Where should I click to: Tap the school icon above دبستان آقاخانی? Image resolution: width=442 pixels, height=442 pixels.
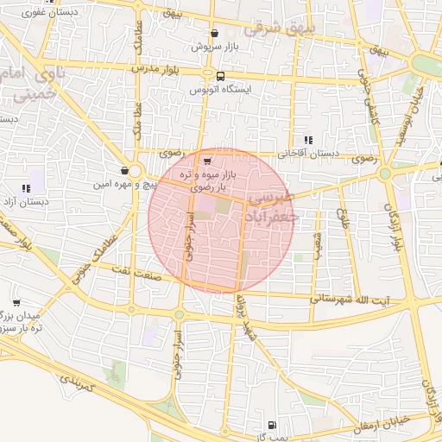coord(308,140)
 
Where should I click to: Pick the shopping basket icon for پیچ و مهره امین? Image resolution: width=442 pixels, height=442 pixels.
coord(125,171)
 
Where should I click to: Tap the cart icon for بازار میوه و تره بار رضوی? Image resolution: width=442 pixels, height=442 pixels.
coord(206,160)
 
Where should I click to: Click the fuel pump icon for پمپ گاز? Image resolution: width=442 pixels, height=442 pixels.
coord(272,425)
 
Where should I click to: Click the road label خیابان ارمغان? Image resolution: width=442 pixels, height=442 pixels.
coord(384,420)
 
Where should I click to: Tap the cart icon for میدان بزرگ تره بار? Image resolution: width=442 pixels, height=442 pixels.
coord(16,303)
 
